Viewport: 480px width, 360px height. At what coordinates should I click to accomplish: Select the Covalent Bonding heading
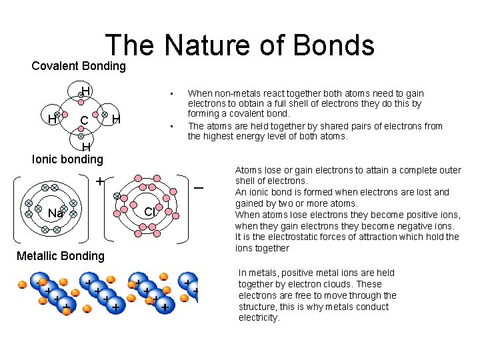79,66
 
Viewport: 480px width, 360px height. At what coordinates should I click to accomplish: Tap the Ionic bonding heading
68,159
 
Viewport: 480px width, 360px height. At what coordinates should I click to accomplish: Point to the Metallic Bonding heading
61,256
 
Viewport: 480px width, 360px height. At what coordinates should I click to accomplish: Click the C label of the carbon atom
84,121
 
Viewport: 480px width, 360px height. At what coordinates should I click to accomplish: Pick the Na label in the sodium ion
55,213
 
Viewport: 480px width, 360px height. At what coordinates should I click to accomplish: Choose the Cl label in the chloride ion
150,211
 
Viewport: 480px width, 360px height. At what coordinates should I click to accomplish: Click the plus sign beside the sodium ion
99,181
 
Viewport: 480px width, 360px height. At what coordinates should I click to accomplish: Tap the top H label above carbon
86,91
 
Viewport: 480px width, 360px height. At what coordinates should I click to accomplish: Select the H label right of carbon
116,119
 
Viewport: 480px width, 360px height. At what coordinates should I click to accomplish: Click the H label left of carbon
51,119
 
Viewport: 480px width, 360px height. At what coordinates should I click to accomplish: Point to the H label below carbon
86,147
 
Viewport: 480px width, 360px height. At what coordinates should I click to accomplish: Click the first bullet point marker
171,93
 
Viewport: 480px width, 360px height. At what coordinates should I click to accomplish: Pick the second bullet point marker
171,126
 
